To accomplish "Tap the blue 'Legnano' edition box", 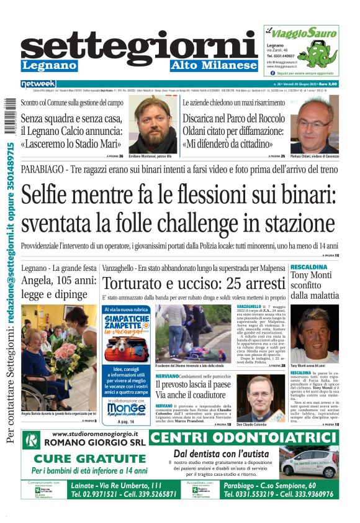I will pyautogui.click(x=49, y=65).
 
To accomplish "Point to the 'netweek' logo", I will pyautogui.click(x=38, y=83).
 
